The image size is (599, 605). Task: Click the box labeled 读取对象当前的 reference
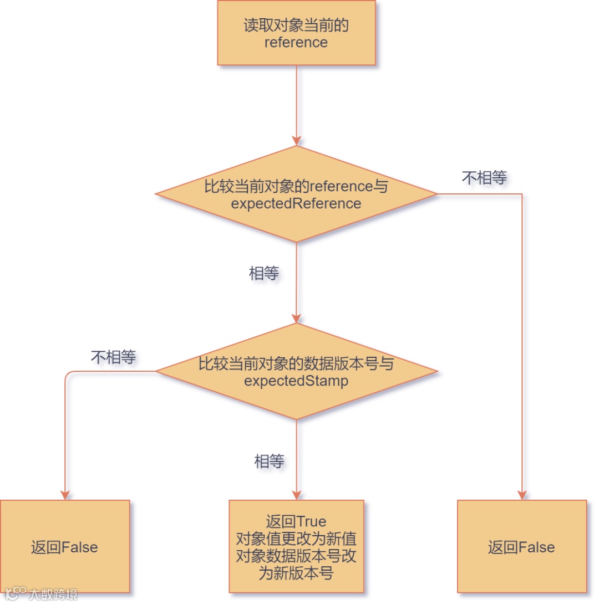click(x=296, y=33)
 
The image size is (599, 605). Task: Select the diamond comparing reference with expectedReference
click(x=296, y=194)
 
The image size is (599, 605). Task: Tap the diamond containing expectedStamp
click(x=296, y=372)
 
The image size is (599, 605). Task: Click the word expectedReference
click(x=296, y=203)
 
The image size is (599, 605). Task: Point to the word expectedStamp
click(x=296, y=381)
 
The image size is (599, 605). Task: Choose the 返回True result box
click(x=296, y=546)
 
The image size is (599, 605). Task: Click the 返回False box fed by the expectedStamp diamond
click(x=65, y=546)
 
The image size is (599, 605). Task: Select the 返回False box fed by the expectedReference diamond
click(x=521, y=546)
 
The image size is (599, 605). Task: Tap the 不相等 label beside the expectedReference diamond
click(x=484, y=178)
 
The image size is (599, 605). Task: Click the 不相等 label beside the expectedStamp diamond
click(x=113, y=357)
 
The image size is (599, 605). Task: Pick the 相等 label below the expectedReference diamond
click(x=264, y=273)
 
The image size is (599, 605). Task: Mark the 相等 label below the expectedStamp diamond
click(x=270, y=461)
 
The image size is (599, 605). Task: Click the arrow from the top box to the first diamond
click(x=296, y=105)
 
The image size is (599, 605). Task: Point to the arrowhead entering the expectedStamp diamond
click(x=296, y=318)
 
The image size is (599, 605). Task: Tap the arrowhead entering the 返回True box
click(x=296, y=495)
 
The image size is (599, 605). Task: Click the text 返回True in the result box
click(x=296, y=521)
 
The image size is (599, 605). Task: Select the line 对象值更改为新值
click(x=296, y=539)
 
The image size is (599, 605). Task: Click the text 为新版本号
click(x=296, y=573)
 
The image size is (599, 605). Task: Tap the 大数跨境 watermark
click(x=53, y=594)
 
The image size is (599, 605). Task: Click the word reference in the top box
click(x=296, y=42)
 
